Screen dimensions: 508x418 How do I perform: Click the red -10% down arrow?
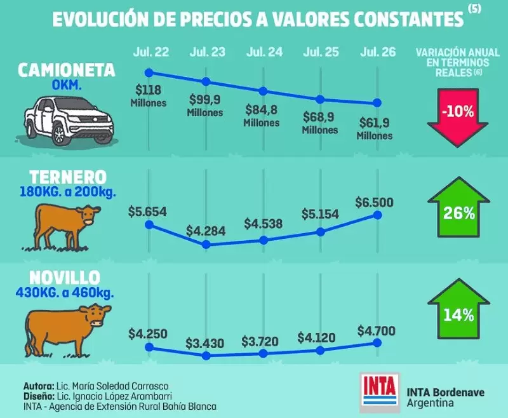point(457,118)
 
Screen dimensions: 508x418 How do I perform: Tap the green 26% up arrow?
point(458,207)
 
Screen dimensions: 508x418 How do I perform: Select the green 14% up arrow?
point(458,309)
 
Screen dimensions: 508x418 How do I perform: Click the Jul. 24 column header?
point(264,52)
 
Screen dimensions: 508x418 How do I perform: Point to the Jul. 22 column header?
point(151,52)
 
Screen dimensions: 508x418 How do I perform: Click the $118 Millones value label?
point(149,96)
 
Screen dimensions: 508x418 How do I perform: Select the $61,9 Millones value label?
point(375,129)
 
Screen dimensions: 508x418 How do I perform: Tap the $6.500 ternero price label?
point(374,202)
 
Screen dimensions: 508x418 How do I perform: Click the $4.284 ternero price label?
point(206,231)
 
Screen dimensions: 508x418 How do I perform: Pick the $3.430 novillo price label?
point(204,343)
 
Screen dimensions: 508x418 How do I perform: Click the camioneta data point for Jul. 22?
point(149,72)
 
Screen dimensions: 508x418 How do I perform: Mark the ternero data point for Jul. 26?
point(377,215)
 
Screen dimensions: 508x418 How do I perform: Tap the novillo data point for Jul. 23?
point(206,356)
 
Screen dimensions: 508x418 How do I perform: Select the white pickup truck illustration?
point(68,120)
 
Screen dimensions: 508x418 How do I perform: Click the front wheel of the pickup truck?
point(59,133)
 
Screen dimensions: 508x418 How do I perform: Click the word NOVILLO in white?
point(65,278)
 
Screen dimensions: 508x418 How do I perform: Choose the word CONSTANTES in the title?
point(408,20)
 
